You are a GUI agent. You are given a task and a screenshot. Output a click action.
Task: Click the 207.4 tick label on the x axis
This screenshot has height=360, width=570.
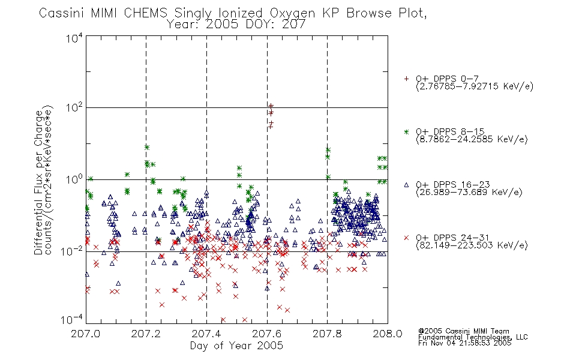206,334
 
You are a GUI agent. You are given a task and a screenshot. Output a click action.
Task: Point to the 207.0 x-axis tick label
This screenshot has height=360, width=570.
86,334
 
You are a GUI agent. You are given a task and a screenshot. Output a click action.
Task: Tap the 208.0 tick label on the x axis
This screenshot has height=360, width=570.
388,334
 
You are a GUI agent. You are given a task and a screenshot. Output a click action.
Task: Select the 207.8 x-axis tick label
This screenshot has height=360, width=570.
327,334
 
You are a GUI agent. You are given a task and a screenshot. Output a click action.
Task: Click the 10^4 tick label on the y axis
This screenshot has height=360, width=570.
74,38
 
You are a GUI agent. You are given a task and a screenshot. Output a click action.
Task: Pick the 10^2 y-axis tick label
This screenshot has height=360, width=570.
74,108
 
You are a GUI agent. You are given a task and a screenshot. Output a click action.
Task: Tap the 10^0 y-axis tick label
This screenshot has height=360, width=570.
74,180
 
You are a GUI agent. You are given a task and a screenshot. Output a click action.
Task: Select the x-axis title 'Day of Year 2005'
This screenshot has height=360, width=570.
236,346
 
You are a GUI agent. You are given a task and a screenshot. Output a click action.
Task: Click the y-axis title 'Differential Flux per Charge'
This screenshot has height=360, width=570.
38,182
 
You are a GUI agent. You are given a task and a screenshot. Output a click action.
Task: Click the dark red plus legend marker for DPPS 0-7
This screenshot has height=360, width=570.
406,79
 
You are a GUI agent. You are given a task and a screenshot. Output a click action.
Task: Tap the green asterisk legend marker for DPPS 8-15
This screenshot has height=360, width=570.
406,132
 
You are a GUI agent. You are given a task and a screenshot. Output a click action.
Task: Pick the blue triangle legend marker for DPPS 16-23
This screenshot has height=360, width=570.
406,185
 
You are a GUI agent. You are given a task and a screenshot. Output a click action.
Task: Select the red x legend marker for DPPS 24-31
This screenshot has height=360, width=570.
406,238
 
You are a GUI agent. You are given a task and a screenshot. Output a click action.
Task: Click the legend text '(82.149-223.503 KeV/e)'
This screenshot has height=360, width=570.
472,245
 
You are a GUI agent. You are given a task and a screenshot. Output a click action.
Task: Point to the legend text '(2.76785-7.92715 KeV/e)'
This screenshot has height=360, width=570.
475,86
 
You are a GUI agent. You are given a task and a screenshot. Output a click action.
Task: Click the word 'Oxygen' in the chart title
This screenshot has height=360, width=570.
292,13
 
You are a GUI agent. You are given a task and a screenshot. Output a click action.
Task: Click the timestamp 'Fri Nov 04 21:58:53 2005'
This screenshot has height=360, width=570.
464,343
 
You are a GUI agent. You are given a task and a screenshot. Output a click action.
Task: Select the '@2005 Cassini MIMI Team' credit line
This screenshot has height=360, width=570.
463,331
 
